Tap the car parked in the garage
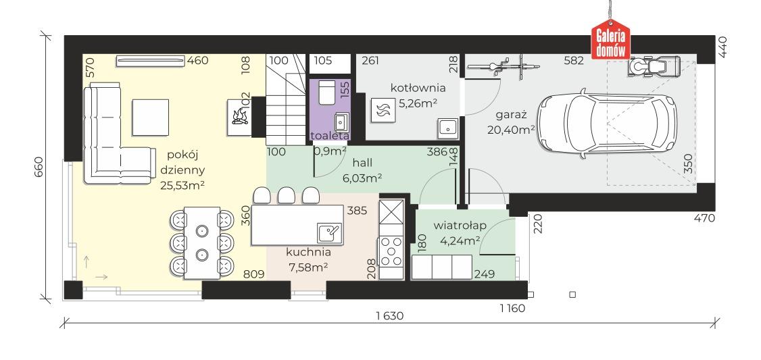coord(607,123)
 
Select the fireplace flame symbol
coord(239,117)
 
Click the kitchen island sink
coord(330,233)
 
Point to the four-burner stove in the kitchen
coord(391,251)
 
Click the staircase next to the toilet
coord(286,99)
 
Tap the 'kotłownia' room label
coord(418,88)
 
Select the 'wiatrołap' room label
coord(460,225)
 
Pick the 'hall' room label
coord(362,163)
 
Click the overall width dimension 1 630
coord(389,316)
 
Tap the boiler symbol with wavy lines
coord(379,110)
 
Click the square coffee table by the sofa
coord(151,118)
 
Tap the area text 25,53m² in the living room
coord(182,184)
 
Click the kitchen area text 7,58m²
coord(308,266)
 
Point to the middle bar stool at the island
coord(287,195)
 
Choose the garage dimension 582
coord(574,61)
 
